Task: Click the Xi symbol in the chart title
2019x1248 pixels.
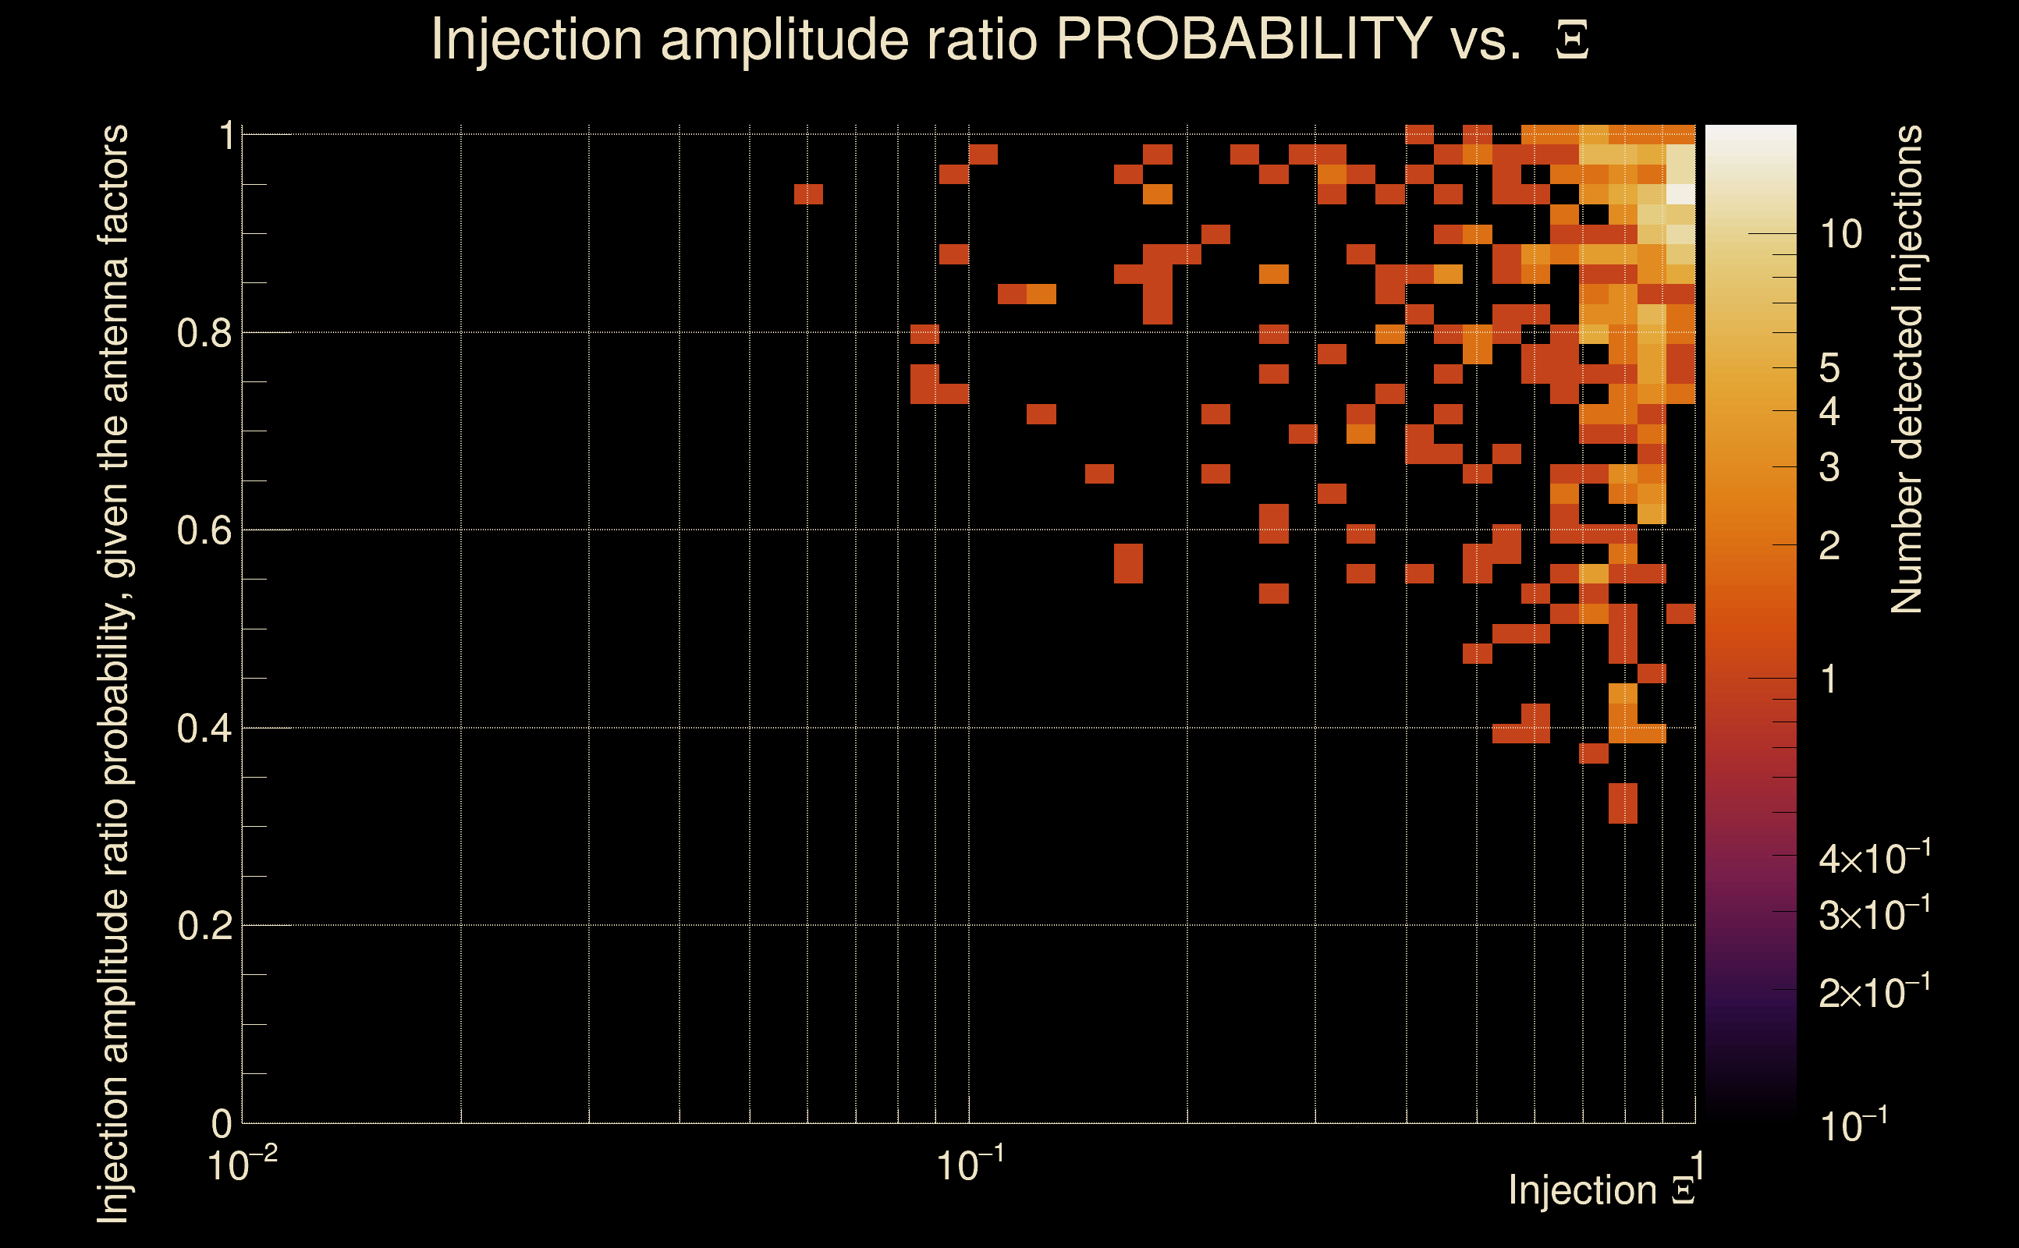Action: [1572, 41]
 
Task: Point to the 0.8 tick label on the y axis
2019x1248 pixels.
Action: [204, 334]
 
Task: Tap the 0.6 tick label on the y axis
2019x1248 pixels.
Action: [204, 530]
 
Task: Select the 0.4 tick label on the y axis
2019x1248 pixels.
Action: [204, 729]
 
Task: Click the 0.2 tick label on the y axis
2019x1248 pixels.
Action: [204, 926]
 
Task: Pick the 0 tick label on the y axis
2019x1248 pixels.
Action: [222, 1123]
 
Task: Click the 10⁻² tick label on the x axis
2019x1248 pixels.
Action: [242, 1165]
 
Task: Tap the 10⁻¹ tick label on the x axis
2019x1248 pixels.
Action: [970, 1165]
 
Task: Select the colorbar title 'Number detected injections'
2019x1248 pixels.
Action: [1907, 369]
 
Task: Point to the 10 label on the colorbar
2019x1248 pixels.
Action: [1840, 236]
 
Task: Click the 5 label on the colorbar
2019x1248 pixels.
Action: [1829, 368]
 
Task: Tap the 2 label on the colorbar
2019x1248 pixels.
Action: [1829, 545]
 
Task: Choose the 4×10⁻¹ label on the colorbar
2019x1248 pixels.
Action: [1874, 860]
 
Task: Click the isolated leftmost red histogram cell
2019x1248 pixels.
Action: [808, 194]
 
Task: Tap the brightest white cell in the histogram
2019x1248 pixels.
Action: [1680, 194]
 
